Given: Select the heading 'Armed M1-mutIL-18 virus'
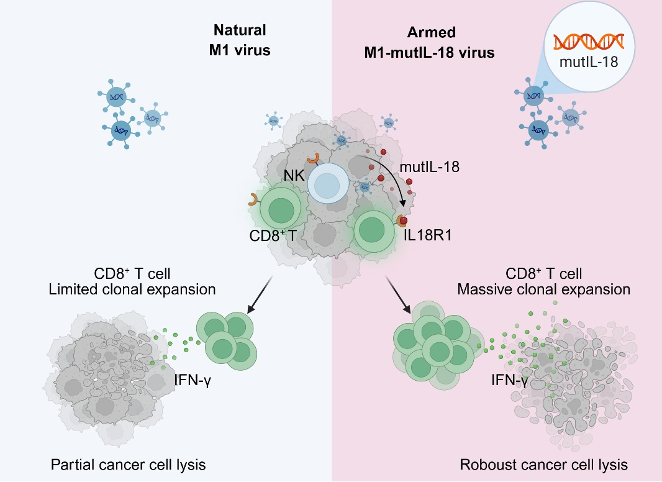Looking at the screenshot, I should [429, 42].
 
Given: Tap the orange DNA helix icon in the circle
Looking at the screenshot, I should [589, 42].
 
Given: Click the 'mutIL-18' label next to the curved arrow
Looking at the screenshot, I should [429, 166].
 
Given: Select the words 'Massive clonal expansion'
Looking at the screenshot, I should [543, 289].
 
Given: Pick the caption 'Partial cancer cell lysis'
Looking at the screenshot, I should [129, 465].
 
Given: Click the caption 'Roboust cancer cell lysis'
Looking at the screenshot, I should [544, 465].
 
